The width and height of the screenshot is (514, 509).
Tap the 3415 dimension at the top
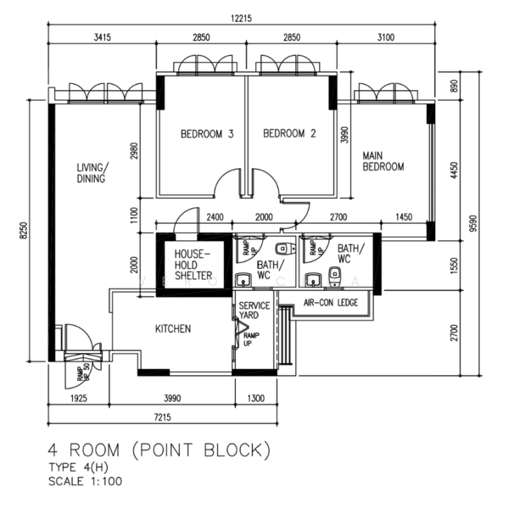click(102, 37)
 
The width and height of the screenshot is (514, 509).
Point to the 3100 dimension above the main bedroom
click(385, 37)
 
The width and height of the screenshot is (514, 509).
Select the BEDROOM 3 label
click(207, 134)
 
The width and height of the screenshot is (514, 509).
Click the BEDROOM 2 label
click(289, 134)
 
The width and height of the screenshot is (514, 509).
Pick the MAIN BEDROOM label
click(383, 161)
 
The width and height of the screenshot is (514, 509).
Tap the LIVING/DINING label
click(91, 173)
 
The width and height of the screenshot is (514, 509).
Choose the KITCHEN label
click(172, 329)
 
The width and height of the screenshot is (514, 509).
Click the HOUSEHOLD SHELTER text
click(193, 264)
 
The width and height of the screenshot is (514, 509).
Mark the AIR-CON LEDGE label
click(331, 302)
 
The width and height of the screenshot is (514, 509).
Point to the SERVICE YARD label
click(254, 310)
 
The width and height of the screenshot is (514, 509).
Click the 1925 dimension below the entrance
click(80, 398)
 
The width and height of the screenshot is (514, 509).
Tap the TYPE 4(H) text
click(79, 467)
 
